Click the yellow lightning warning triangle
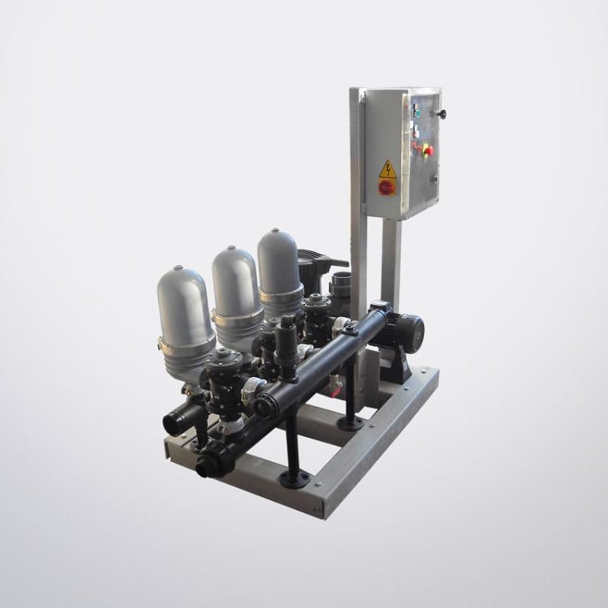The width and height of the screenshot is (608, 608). tap(387, 169)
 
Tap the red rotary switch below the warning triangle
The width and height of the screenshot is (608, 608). tap(387, 186)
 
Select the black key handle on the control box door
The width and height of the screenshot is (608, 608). tap(442, 114)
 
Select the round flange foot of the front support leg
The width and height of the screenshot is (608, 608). tap(293, 479)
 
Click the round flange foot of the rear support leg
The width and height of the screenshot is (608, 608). tap(351, 423)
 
